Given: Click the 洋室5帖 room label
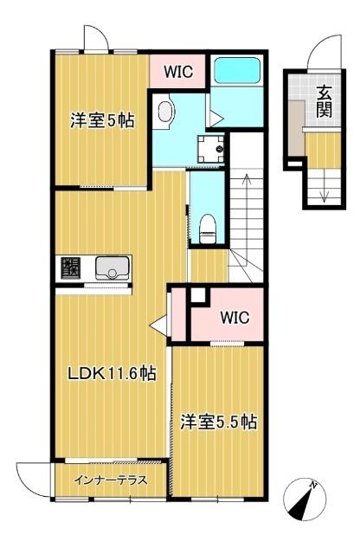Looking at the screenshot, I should pyautogui.click(x=102, y=122).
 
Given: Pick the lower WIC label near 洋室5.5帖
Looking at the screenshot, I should pyautogui.click(x=233, y=317).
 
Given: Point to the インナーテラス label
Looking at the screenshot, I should pyautogui.click(x=110, y=480).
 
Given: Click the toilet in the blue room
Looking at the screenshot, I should pyautogui.click(x=206, y=229).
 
